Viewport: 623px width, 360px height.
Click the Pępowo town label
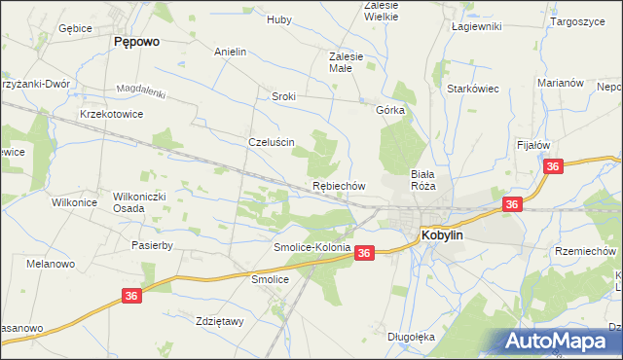tap(136, 42)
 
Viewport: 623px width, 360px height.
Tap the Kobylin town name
tap(448, 234)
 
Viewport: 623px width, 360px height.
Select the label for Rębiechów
tap(339, 185)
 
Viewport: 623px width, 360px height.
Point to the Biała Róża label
tap(421, 179)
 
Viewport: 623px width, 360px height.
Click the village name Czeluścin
tap(272, 141)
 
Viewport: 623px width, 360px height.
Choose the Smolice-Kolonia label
tap(311, 248)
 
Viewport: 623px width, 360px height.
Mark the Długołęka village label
tap(410, 337)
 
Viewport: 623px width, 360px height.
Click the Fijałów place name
tap(534, 145)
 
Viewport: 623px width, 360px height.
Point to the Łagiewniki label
tap(477, 26)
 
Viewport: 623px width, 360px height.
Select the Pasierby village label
tap(152, 246)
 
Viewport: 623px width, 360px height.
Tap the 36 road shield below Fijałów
tap(553, 167)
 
